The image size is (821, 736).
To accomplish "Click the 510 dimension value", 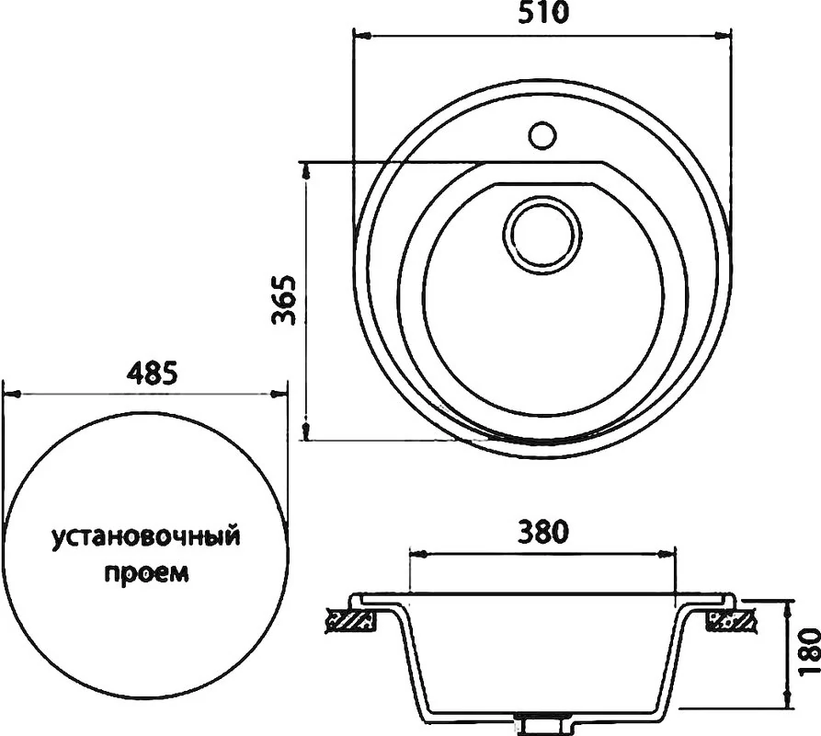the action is [x=543, y=13].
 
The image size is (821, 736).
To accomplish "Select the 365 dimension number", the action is [x=286, y=300].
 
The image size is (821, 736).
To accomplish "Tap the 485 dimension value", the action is [x=152, y=372].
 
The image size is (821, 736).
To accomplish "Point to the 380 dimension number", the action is [x=543, y=532].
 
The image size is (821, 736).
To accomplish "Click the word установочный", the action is [x=146, y=538].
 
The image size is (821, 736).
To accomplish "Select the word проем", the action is [x=146, y=572].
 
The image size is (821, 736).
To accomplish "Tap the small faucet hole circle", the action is [x=542, y=135].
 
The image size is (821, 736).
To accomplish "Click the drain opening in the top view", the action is [x=542, y=236].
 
